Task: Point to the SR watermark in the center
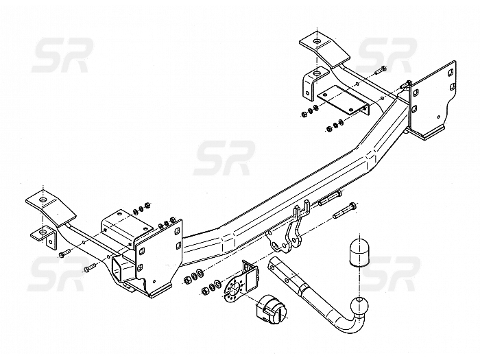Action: pyautogui.click(x=224, y=158)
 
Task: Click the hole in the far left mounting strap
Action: pyautogui.click(x=43, y=200)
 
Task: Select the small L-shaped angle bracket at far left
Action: pyautogui.click(x=44, y=237)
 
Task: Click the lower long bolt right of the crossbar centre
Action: pyautogui.click(x=344, y=210)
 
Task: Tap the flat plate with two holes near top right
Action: pyautogui.click(x=343, y=100)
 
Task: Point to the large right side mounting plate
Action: pyautogui.click(x=432, y=99)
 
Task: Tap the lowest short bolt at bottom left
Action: pyautogui.click(x=89, y=268)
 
